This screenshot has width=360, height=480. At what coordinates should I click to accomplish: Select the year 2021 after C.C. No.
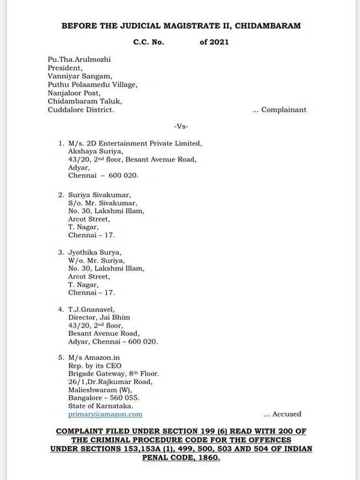coord(214,42)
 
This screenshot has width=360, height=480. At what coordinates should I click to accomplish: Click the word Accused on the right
coord(287,414)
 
